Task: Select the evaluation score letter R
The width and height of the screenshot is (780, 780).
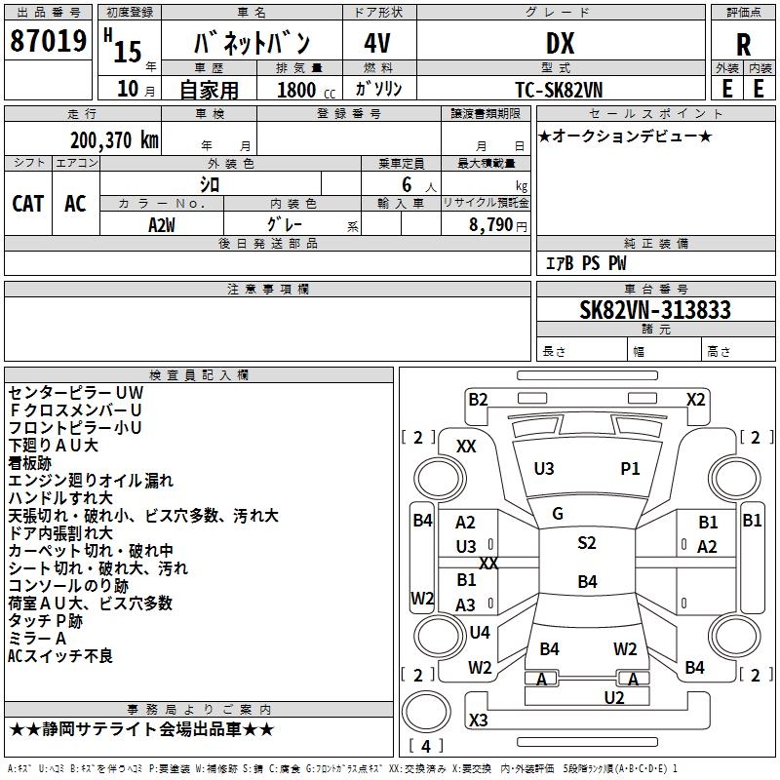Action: point(743,45)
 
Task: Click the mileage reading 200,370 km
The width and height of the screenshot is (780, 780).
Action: point(114,140)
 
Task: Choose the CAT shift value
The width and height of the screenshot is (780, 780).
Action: point(27,204)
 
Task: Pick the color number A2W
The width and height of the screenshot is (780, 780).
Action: point(162,224)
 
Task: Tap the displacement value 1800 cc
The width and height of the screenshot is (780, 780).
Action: point(297,90)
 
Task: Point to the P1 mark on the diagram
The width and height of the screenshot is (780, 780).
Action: point(630,469)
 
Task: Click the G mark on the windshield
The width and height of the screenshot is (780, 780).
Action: point(558,514)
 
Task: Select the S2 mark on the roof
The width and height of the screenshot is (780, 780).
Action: point(586,543)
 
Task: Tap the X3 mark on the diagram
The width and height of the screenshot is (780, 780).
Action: point(478,720)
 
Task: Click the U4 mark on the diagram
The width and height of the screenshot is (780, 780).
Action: point(479,633)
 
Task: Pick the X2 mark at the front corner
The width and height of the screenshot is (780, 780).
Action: point(695,399)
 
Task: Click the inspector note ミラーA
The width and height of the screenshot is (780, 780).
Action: point(37,638)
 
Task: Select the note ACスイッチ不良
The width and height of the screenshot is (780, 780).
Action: point(60,655)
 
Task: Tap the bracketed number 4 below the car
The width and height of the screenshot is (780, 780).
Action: point(425,746)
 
